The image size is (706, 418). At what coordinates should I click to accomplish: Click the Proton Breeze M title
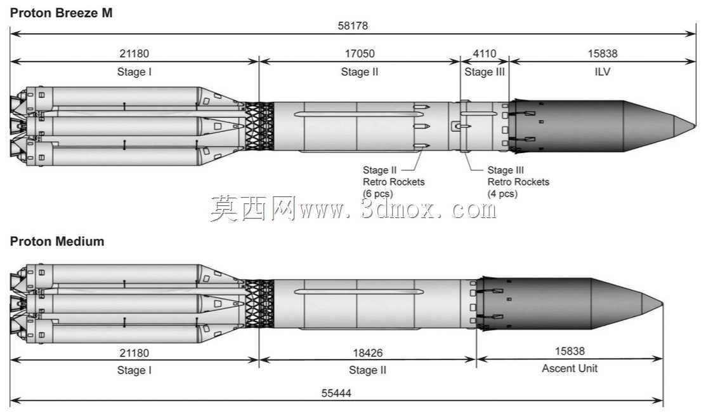(x=62, y=13)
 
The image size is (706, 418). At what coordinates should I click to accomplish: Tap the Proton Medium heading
(x=57, y=241)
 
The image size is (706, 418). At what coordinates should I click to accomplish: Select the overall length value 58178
(x=353, y=25)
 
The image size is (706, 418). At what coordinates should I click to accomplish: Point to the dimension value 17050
(x=360, y=53)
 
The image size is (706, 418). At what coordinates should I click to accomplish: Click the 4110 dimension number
(x=485, y=53)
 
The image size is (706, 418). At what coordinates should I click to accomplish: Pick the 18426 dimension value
(x=368, y=353)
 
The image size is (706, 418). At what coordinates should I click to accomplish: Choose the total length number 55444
(x=336, y=393)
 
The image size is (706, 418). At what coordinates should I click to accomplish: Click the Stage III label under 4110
(x=485, y=72)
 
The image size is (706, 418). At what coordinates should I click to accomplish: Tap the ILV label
(x=603, y=72)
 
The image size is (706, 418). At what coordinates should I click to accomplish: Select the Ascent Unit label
(x=570, y=368)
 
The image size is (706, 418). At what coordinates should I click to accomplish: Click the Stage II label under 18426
(x=367, y=370)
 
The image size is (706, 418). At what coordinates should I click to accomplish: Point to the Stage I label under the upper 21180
(x=134, y=72)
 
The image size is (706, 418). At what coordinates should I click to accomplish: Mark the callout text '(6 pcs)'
(x=378, y=194)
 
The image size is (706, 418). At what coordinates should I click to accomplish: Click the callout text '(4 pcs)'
(x=502, y=194)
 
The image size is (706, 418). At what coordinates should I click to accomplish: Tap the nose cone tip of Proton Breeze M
(x=696, y=126)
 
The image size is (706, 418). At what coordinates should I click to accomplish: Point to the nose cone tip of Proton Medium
(x=663, y=304)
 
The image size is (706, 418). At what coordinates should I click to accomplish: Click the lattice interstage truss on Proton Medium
(x=259, y=304)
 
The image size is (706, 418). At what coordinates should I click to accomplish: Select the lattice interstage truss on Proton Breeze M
(x=259, y=126)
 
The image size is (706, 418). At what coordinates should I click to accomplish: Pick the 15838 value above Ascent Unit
(x=570, y=351)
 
